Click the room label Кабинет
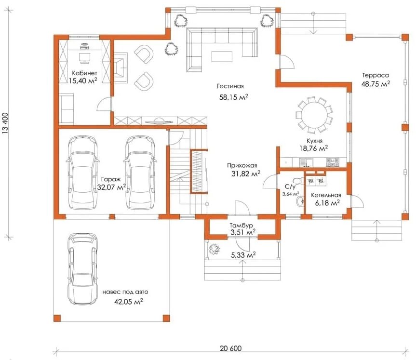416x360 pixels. coord(84,73)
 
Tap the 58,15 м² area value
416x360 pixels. coord(233,97)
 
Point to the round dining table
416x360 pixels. coord(314,115)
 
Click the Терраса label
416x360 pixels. coord(376,75)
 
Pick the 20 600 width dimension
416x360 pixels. coord(230,348)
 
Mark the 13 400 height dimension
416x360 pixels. coord(6,124)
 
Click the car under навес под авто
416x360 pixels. coord(82,269)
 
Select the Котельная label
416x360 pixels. coord(326,195)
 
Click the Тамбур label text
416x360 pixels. coord(241,226)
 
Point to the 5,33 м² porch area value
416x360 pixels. coord(243,255)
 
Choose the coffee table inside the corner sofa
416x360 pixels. coord(222,56)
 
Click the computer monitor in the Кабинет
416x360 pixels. coord(85,57)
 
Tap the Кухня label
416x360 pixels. coord(314,141)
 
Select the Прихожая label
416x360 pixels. coord(242,165)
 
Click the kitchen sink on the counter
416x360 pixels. coord(306,162)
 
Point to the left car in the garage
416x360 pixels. coord(82,173)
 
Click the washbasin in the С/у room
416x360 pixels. coord(300,201)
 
